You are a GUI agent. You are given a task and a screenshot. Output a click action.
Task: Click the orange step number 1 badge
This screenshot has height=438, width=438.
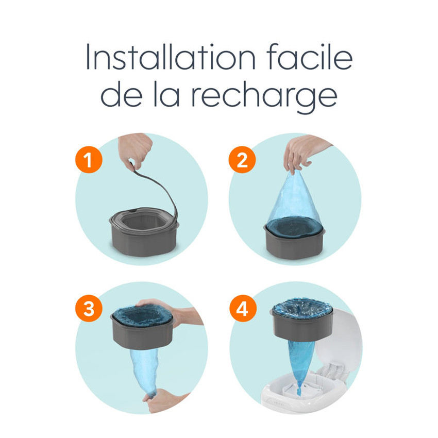89,160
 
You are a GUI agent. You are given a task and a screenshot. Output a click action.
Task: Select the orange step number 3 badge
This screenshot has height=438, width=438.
89,309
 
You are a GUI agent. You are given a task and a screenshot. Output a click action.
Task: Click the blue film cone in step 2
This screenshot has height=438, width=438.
294,201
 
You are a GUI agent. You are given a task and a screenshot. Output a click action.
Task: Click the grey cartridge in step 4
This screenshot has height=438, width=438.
299,327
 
